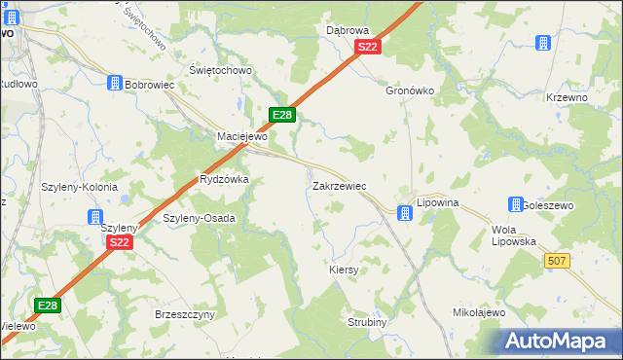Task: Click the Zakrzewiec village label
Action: (x=339, y=185)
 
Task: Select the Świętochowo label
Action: (x=221, y=70)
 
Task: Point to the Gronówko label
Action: (x=409, y=90)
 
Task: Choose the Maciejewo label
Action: (x=241, y=136)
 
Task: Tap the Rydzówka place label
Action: (x=224, y=180)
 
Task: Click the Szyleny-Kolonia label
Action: (x=80, y=187)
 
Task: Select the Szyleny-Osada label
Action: (x=199, y=218)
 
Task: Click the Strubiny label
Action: (x=368, y=322)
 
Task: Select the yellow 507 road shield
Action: (x=557, y=261)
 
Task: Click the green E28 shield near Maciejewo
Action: (x=282, y=115)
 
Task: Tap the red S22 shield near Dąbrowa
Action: (x=367, y=47)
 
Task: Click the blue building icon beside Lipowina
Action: (x=404, y=211)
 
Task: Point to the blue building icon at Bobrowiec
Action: (x=114, y=85)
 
